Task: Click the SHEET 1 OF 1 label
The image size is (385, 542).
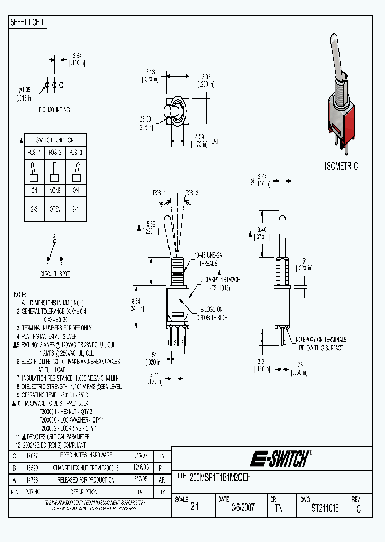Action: [28, 22]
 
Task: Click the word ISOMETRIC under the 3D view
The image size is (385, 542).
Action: [341, 166]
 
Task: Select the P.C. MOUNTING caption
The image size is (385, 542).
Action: [53, 110]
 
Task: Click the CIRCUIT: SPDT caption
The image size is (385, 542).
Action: [55, 274]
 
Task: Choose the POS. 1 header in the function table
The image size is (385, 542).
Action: [34, 153]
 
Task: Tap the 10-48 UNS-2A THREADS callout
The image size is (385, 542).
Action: [206, 260]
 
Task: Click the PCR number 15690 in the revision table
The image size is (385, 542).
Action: [32, 468]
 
